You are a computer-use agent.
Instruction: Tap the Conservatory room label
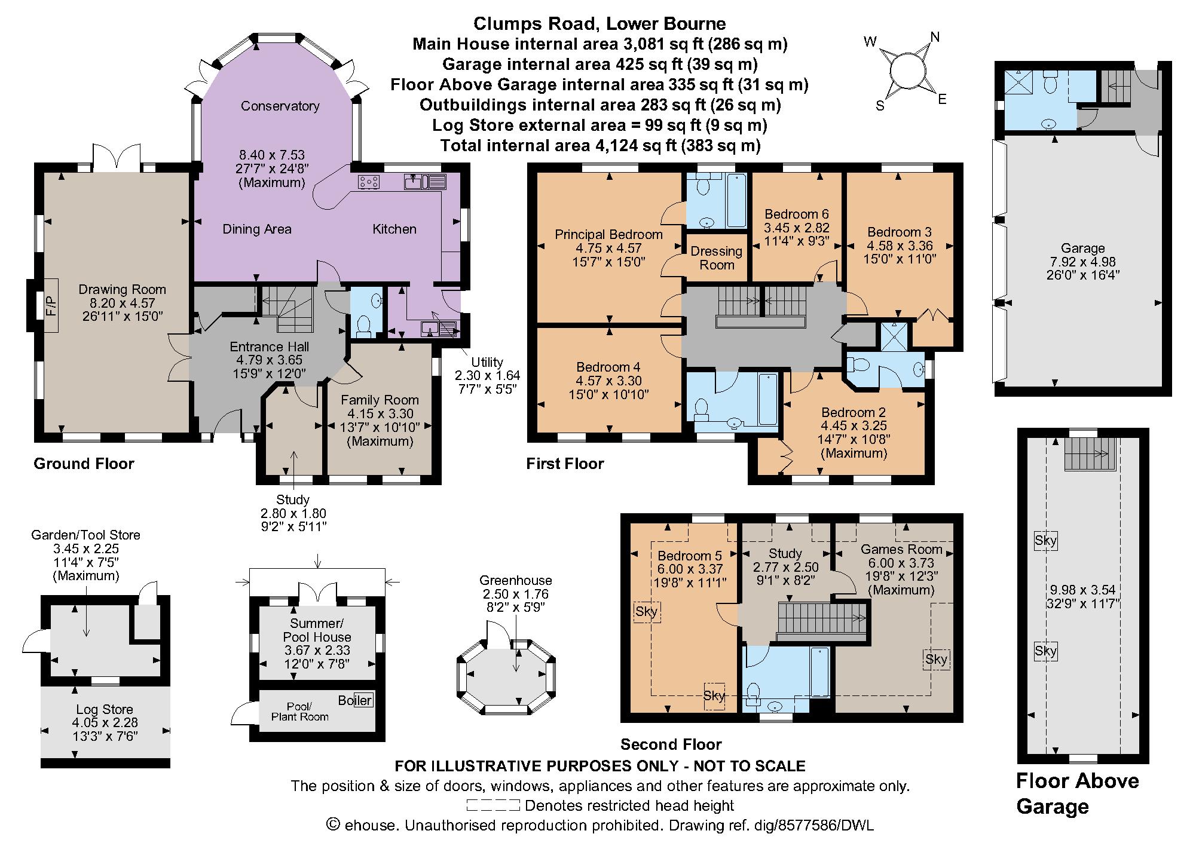point(280,106)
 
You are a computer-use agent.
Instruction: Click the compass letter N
point(935,38)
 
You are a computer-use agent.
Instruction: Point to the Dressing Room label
point(716,258)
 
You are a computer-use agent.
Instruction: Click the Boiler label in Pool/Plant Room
point(355,700)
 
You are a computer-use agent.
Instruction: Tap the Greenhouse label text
point(515,580)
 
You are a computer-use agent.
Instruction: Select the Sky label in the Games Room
point(936,659)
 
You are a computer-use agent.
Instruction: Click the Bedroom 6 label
point(796,214)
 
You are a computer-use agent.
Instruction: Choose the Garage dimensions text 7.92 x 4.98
point(1082,262)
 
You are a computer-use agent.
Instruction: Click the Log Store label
point(105,709)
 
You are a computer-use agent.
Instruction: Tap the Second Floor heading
point(671,744)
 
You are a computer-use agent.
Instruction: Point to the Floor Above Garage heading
point(1077,793)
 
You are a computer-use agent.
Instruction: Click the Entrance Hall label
point(270,347)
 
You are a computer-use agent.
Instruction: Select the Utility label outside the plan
point(487,362)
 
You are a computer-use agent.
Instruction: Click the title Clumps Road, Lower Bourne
point(599,24)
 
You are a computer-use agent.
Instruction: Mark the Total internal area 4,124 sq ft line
point(599,145)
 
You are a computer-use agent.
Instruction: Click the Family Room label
point(380,400)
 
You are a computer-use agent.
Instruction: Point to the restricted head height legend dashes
point(493,805)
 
